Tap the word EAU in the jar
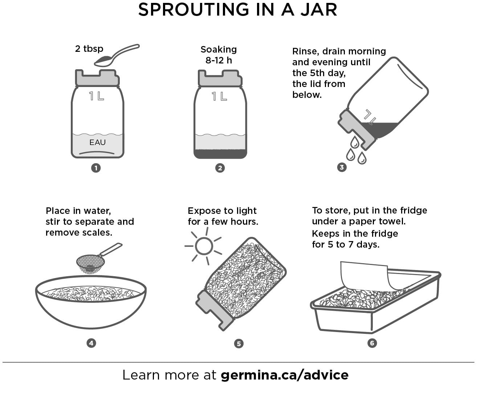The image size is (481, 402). (x=97, y=142)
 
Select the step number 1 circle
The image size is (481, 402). (x=96, y=168)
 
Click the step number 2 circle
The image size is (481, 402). (x=220, y=168)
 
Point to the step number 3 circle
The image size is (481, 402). (x=342, y=167)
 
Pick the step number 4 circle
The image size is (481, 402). (x=91, y=343)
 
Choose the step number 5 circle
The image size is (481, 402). (x=239, y=344)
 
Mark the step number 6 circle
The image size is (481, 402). (x=372, y=343)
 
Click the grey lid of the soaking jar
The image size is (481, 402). (x=220, y=78)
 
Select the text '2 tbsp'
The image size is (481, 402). (x=89, y=49)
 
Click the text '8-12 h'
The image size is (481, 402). (x=219, y=60)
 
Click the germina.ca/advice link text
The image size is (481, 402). (x=285, y=375)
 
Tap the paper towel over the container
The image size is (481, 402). (x=364, y=275)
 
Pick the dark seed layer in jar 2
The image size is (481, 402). (x=220, y=154)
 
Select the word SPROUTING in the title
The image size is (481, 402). (x=193, y=10)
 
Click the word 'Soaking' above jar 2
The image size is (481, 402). (x=219, y=49)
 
